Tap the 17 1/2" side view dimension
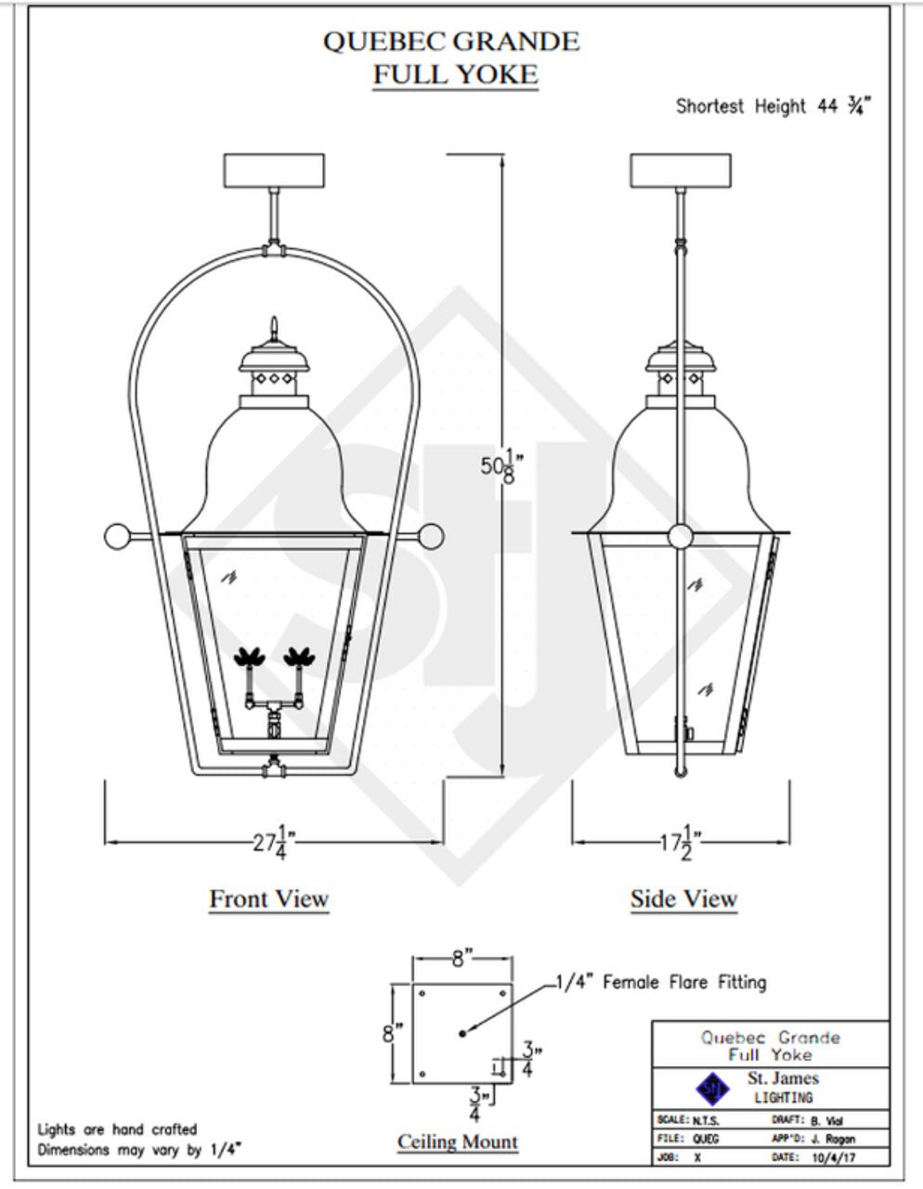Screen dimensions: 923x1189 point(681,843)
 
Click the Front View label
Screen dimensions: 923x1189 point(269,898)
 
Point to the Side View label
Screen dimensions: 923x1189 point(683,898)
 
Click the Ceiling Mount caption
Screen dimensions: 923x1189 point(458,1142)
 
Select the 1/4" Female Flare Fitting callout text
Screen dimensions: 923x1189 point(661,982)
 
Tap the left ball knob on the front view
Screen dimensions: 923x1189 point(117,536)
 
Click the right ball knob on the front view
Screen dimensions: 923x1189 point(431,536)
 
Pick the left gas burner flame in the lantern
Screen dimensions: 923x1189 point(250,657)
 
